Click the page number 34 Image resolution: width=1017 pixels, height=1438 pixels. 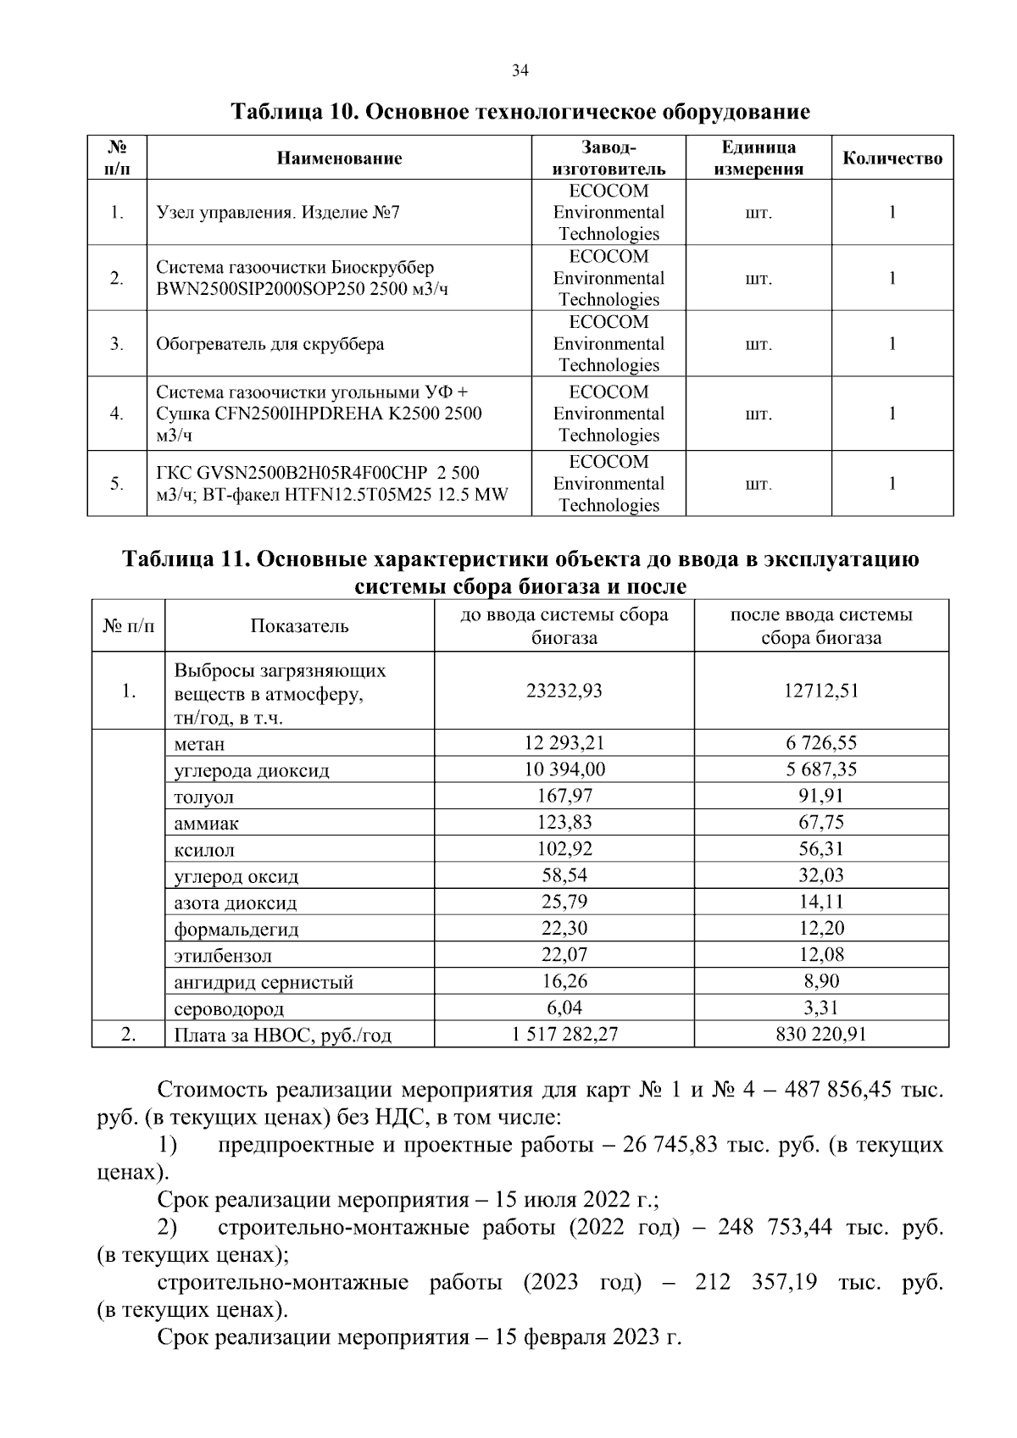click(520, 71)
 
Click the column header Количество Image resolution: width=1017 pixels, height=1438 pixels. click(892, 158)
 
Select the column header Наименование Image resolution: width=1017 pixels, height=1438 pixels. click(339, 158)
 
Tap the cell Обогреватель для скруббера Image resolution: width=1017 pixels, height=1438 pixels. click(270, 344)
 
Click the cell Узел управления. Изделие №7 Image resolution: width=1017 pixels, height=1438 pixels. click(278, 213)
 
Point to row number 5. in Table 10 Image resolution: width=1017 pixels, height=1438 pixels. click(117, 484)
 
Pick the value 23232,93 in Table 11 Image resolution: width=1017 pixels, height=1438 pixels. click(564, 691)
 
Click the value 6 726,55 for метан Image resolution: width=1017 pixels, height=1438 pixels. click(821, 743)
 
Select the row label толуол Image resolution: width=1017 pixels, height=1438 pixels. click(203, 797)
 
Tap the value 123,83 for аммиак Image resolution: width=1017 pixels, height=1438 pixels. click(564, 822)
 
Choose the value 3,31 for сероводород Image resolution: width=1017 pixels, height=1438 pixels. click(821, 1008)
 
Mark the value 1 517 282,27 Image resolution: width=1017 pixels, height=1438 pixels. click(564, 1035)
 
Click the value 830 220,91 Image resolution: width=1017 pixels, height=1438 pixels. click(821, 1035)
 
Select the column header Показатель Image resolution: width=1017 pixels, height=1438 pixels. click(299, 626)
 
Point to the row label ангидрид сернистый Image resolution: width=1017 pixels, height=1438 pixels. click(264, 983)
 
